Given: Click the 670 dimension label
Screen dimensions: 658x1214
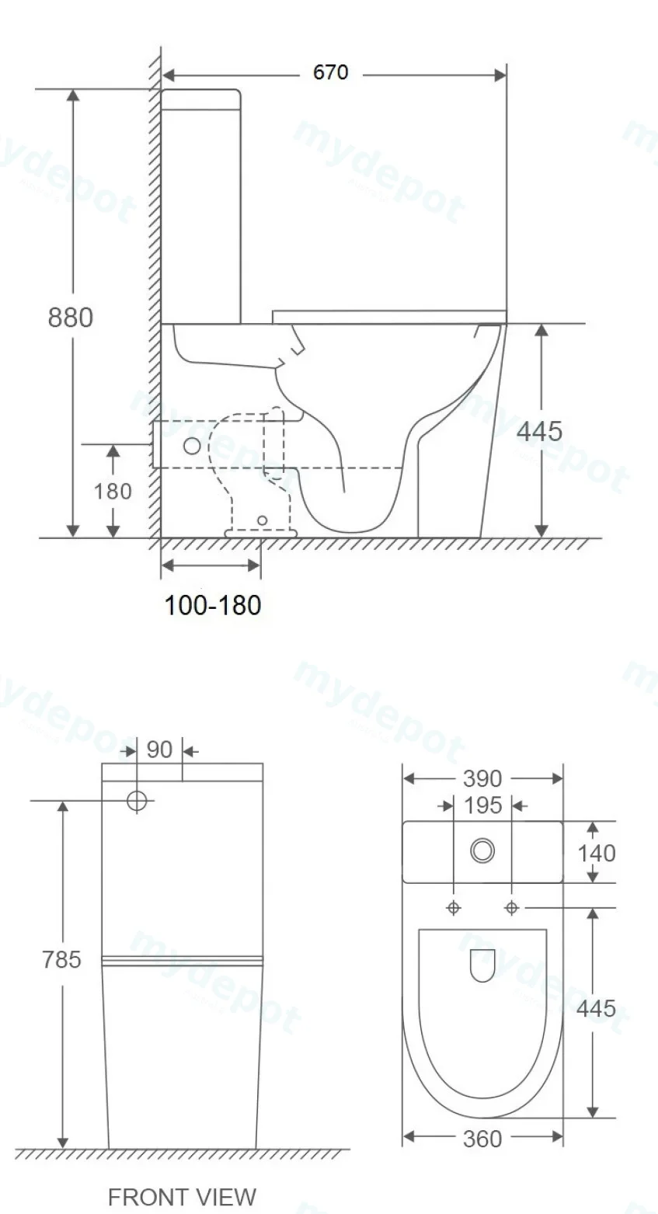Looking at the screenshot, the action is [331, 72].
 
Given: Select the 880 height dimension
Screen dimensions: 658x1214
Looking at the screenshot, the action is [71, 317].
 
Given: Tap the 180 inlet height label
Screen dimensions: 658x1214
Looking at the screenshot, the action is [113, 491].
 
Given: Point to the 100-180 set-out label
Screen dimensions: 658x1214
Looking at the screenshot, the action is [212, 605].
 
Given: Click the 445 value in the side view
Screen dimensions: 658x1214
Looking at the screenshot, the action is [539, 431].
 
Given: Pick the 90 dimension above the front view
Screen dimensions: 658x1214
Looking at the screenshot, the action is [159, 750].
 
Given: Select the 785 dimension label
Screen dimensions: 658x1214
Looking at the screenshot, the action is [62, 959].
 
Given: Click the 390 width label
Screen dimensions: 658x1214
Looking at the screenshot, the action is [482, 779].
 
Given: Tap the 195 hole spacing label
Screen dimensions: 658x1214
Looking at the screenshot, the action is [483, 805].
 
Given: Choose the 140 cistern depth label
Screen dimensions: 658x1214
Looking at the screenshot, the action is [596, 853].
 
